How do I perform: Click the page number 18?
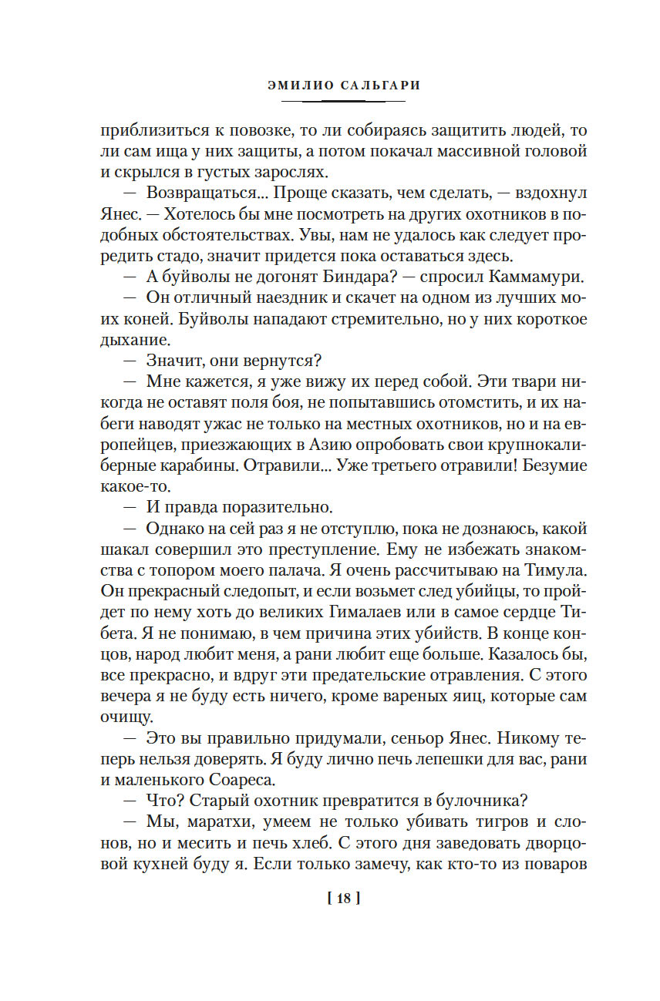pos(344,898)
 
